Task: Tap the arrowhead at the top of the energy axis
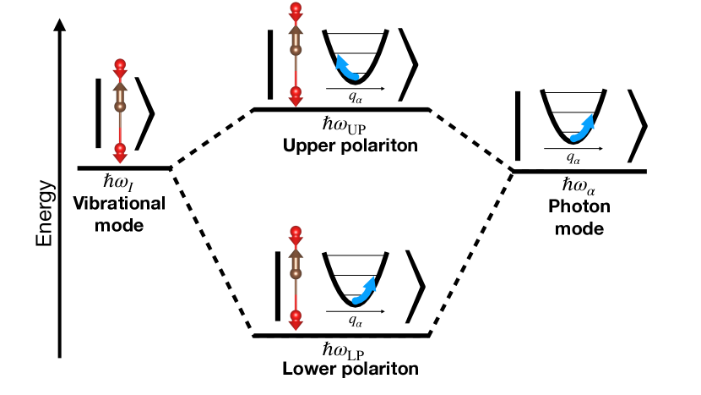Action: (x=59, y=25)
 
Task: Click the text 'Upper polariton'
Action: (x=342, y=145)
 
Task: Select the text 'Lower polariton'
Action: (x=342, y=370)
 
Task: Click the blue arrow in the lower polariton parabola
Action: (x=366, y=289)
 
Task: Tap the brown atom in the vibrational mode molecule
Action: (x=120, y=107)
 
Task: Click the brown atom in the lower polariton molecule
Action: (x=296, y=272)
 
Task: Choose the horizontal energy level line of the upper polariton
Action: (x=342, y=110)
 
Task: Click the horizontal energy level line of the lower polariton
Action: (x=342, y=337)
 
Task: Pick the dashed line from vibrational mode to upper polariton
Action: (x=213, y=139)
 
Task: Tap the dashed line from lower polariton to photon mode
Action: (x=470, y=254)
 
